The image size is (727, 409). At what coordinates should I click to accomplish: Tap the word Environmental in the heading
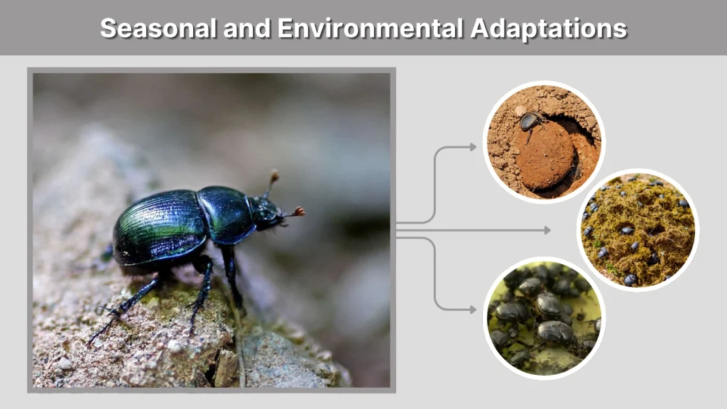(x=371, y=28)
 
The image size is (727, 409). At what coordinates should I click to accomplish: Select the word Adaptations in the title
(x=549, y=28)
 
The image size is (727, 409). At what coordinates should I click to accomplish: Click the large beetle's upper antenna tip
(x=274, y=174)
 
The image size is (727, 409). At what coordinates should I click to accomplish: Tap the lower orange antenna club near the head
(x=300, y=211)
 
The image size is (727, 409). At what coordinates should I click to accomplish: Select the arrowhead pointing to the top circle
(x=473, y=147)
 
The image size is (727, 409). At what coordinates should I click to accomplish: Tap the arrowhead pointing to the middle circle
(x=547, y=230)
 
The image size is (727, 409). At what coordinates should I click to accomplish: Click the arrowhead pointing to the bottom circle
(x=473, y=310)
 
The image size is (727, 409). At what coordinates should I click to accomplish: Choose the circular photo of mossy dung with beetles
(x=638, y=230)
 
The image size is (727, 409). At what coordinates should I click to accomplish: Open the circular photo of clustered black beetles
(x=544, y=318)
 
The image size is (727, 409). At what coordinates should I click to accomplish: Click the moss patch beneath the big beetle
(x=160, y=298)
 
